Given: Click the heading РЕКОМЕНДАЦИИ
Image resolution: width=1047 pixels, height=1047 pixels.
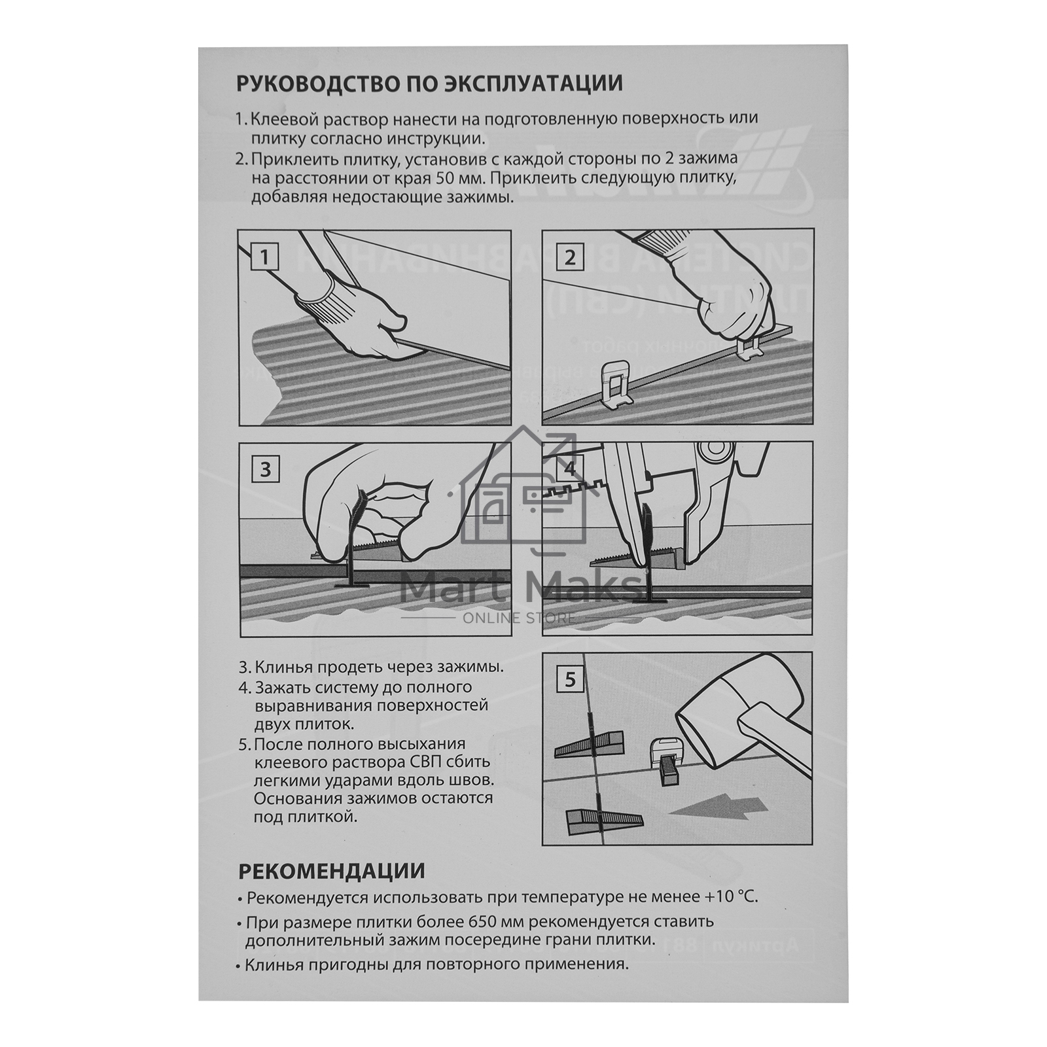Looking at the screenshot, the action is pyautogui.click(x=332, y=872).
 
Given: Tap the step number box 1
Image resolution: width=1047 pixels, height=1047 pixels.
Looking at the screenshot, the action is pyautogui.click(x=264, y=257).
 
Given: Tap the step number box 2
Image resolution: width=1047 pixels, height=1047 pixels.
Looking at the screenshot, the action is pyautogui.click(x=569, y=257).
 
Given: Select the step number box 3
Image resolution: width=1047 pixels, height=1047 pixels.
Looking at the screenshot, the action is pyautogui.click(x=265, y=470).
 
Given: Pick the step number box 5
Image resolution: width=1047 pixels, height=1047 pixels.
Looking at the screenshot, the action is pyautogui.click(x=570, y=681).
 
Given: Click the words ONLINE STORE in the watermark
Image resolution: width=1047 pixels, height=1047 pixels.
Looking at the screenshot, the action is pyautogui.click(x=520, y=618).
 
